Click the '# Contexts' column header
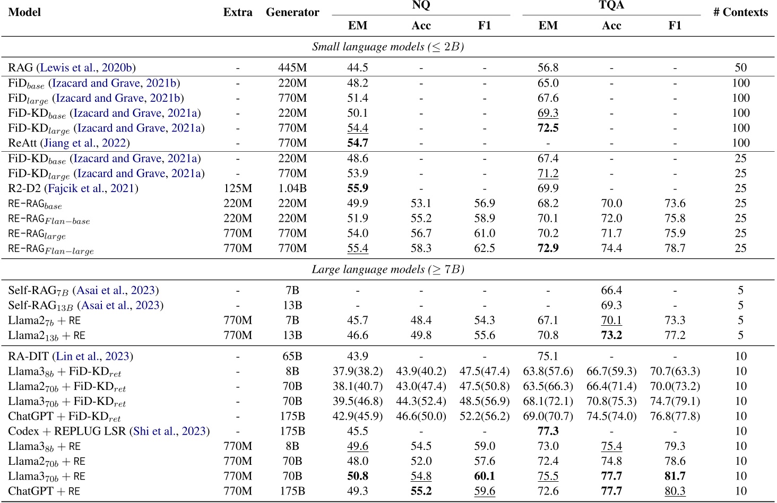point(740,12)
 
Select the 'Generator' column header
point(292,12)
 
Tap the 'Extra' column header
point(238,12)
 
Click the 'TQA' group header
point(611,5)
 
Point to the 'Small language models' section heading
point(388,47)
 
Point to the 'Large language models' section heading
point(388,270)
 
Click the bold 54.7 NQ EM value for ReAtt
point(357,143)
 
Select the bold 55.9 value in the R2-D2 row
point(357,188)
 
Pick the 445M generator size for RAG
point(292,68)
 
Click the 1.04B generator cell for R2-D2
point(292,188)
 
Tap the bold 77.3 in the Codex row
point(548,431)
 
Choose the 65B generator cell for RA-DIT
point(292,357)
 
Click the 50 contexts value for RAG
point(740,68)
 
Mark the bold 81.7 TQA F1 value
point(675,476)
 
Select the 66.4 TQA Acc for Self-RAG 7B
point(611,290)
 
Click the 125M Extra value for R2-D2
point(238,188)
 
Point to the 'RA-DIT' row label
point(28,357)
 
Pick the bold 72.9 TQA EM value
point(548,248)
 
